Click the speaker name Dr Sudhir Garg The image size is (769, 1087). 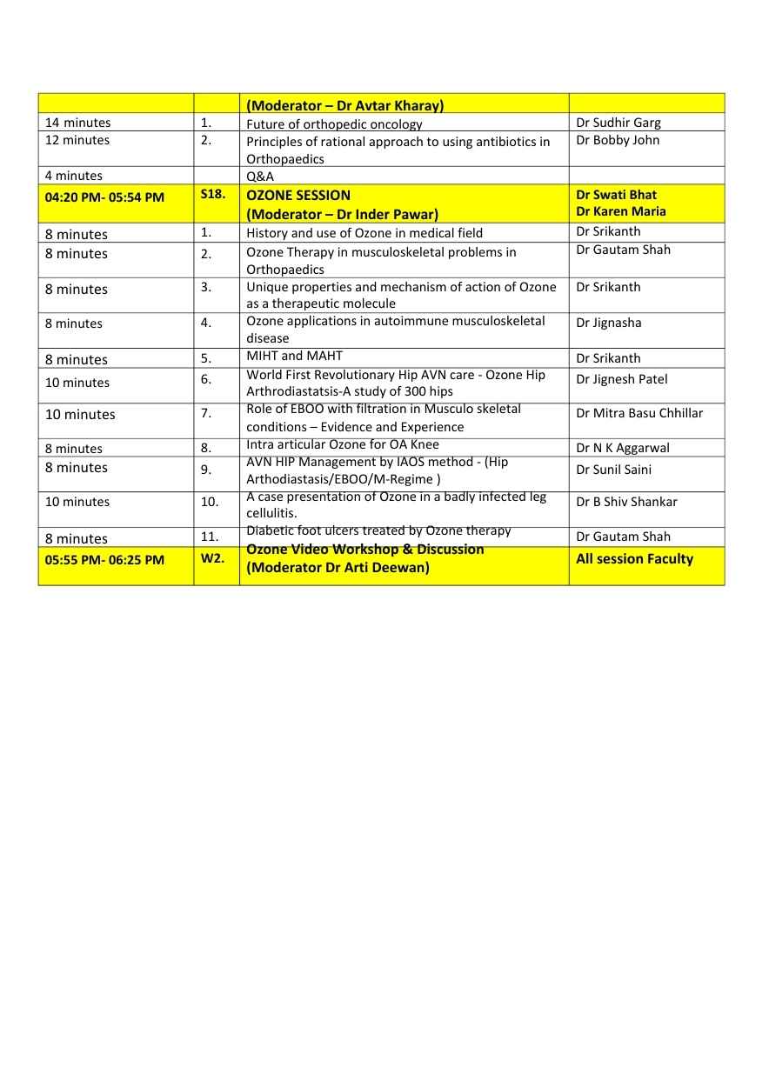(618, 123)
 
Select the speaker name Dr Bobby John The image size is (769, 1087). (618, 140)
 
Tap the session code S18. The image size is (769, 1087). (213, 194)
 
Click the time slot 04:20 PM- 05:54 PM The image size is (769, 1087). (104, 197)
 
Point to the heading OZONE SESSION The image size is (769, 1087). (298, 195)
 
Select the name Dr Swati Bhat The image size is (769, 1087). (616, 195)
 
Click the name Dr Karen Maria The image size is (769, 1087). (620, 211)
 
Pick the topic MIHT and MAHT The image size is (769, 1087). (294, 356)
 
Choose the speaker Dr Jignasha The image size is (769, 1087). (608, 323)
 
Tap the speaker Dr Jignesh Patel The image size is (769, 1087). (621, 379)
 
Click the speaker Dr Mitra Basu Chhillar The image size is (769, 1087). (639, 413)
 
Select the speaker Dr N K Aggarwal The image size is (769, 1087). (622, 448)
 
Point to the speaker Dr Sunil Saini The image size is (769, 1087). (613, 470)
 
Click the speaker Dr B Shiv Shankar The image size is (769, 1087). (625, 502)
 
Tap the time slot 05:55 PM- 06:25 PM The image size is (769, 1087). (104, 560)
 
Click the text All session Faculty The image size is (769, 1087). (634, 559)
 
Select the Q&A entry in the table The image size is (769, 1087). (260, 176)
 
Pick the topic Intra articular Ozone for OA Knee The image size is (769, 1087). (343, 445)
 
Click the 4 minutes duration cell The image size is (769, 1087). (74, 176)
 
